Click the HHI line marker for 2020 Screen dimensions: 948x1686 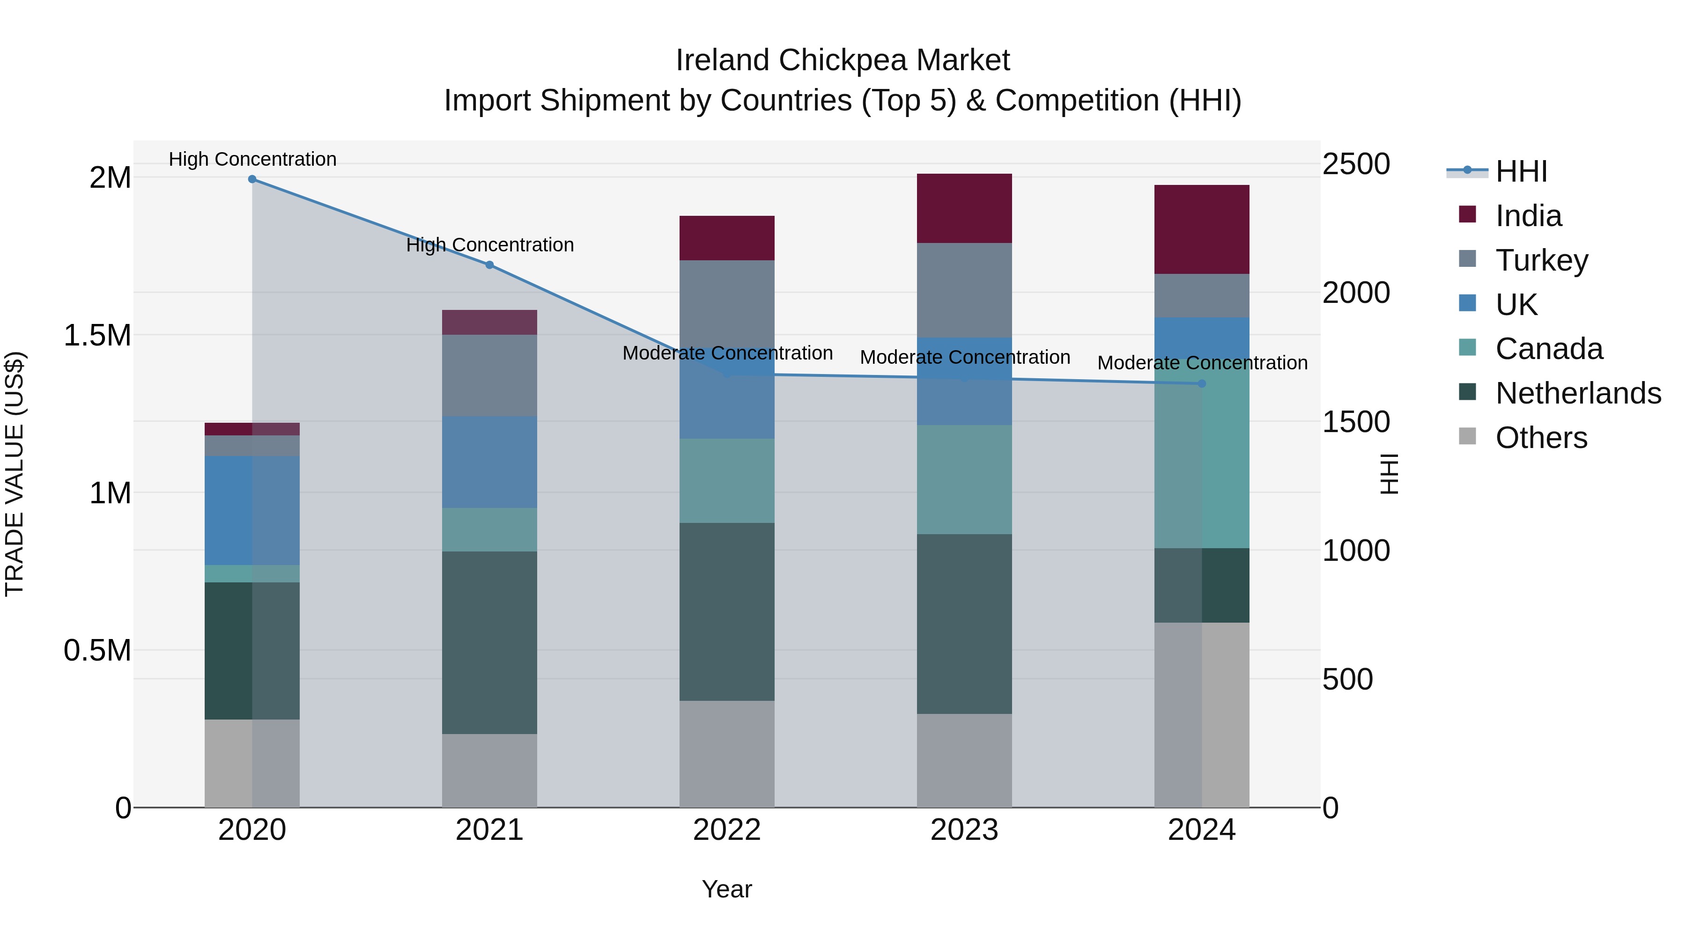tap(252, 179)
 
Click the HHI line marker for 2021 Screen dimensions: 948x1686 tap(489, 265)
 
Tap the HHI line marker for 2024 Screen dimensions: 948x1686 tap(1202, 383)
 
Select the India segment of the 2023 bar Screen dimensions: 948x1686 tap(964, 208)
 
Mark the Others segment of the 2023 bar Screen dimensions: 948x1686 tap(964, 760)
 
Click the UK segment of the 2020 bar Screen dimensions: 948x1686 tap(252, 510)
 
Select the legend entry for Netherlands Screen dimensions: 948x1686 tap(1578, 393)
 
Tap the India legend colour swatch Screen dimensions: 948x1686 tap(1467, 214)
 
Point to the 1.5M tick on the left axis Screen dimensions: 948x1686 tap(97, 336)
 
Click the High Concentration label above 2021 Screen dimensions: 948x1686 tap(489, 245)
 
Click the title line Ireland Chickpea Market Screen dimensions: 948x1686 tap(843, 60)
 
